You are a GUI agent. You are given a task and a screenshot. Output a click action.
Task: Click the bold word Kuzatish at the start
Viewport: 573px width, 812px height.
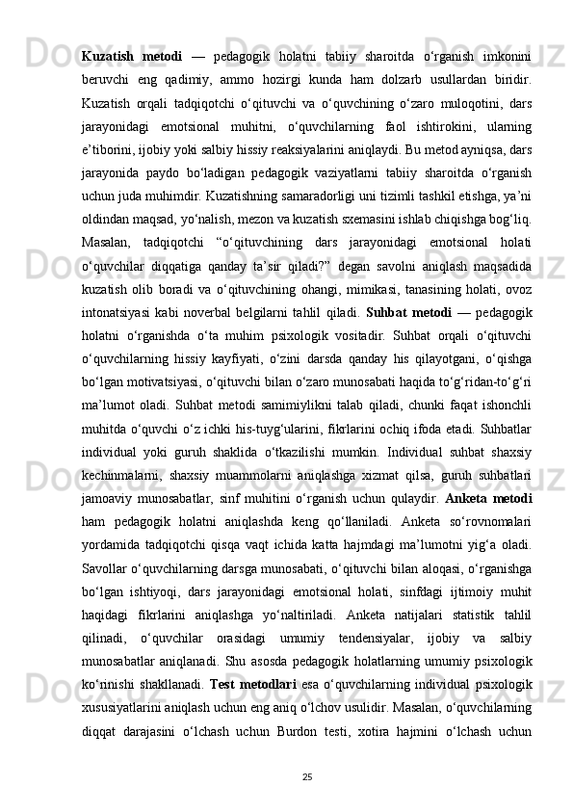coord(108,49)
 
